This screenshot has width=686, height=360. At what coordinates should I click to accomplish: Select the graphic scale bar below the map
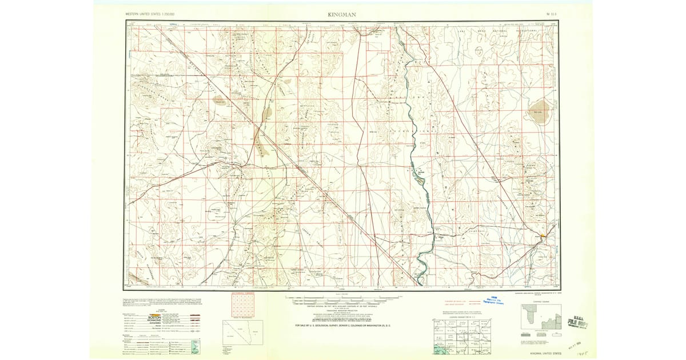pyautogui.click(x=343, y=298)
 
